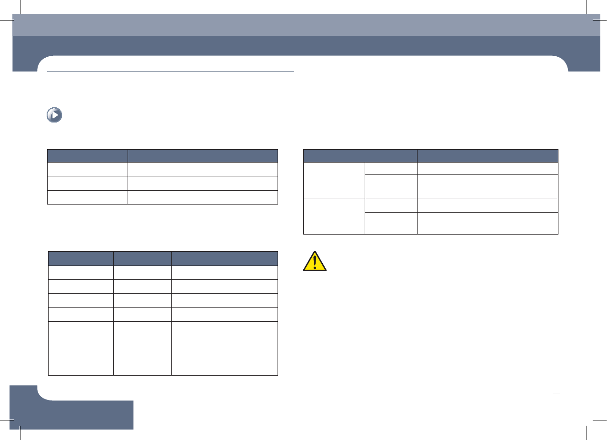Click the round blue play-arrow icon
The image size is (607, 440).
coord(54,115)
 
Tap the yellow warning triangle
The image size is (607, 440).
coord(315,261)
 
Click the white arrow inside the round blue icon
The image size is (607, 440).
coord(55,115)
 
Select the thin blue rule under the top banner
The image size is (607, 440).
coord(171,72)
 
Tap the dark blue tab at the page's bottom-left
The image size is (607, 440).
coord(71,413)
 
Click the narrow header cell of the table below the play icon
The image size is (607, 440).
coord(88,156)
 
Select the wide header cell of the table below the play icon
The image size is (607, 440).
coord(203,156)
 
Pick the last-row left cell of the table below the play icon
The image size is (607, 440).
coord(88,197)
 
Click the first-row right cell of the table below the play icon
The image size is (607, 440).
coord(203,170)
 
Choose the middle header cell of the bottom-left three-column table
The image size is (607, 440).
coord(142,258)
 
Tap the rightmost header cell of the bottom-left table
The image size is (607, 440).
coord(225,258)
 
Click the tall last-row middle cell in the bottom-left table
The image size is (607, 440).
coord(142,348)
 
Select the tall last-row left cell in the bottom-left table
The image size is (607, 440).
coord(80,348)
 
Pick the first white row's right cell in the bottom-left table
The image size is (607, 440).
coord(225,273)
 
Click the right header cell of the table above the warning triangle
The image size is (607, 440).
coord(488,156)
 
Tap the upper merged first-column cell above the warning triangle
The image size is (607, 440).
coord(334,180)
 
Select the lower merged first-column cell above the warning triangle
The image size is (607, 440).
coord(334,216)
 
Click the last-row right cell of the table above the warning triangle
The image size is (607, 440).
coord(488,223)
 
